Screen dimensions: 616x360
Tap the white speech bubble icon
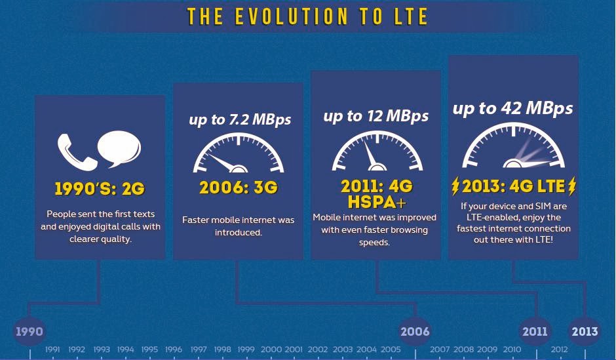119,148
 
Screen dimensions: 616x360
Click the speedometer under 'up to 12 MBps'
377,151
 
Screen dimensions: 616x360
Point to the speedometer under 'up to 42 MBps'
513,146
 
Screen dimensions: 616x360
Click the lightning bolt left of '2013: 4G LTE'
455,186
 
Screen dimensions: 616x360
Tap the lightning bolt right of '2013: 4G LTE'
572,186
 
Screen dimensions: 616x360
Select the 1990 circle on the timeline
29,331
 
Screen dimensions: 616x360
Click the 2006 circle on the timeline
415,331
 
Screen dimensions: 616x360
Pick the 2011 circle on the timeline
535,331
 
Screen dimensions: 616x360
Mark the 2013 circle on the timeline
585,331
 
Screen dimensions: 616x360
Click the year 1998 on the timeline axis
222,350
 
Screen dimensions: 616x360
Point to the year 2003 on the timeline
343,350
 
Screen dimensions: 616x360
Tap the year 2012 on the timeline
559,350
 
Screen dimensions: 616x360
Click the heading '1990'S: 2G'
100,189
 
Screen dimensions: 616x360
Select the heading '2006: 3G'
239,188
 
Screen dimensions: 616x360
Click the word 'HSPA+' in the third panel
377,202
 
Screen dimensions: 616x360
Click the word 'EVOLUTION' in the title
291,16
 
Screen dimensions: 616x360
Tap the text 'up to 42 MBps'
512,108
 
